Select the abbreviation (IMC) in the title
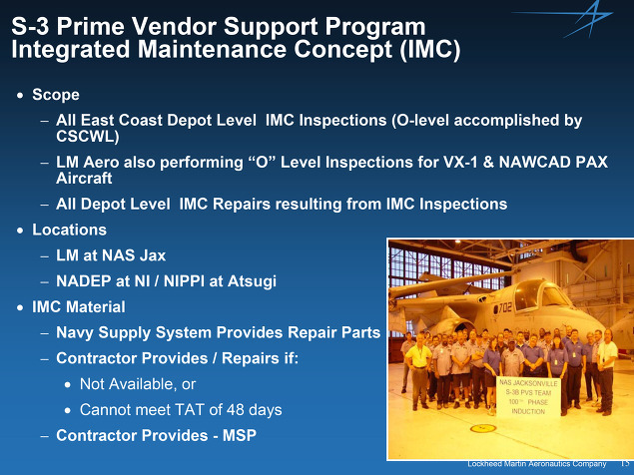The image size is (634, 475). coord(430,50)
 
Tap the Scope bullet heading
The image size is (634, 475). coord(56,95)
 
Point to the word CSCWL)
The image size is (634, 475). coord(87,137)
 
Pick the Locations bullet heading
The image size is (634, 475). coord(69,230)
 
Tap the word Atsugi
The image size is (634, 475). coord(252,281)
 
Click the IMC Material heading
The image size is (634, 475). coord(79,307)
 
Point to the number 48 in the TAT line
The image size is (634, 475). coord(235,410)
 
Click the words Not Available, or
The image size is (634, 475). coord(138,384)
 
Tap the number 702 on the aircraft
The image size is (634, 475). coord(505,308)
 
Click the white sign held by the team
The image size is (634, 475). coord(528,396)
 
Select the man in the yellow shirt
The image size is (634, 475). coord(419,368)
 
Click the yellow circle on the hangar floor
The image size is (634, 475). coord(483,428)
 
